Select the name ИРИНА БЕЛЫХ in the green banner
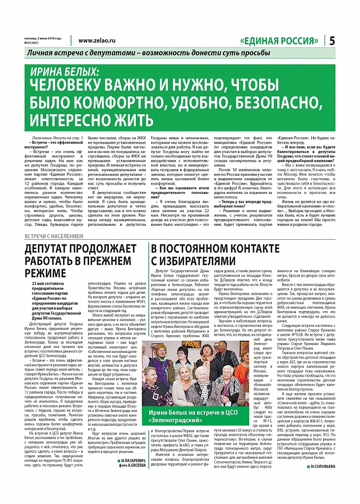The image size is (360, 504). coord(65,71)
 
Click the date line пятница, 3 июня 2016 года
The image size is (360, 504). coord(44,38)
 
